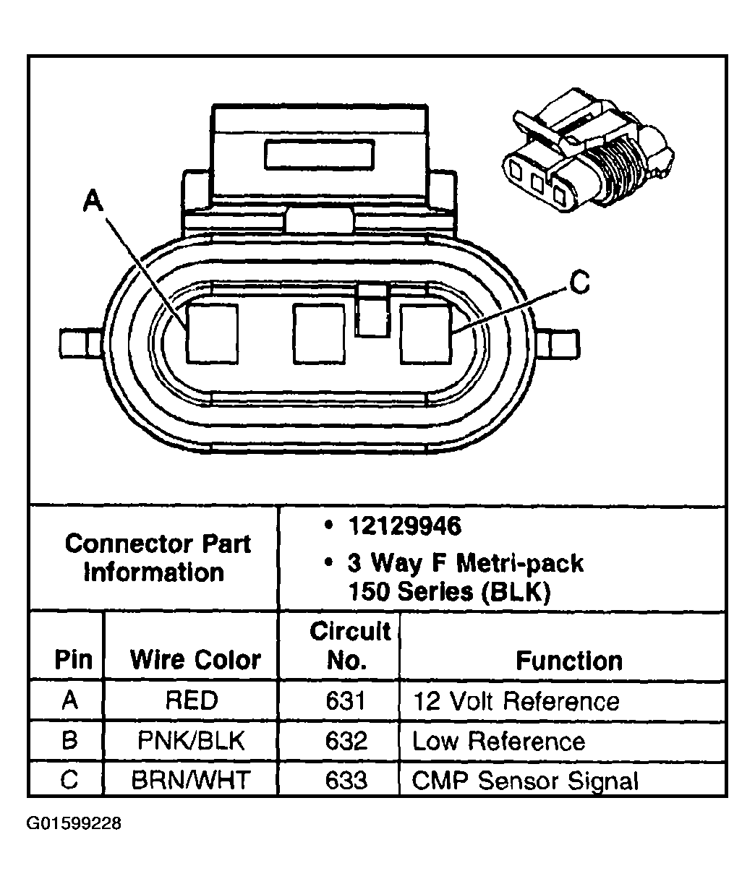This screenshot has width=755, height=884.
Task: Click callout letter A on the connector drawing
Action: [92, 200]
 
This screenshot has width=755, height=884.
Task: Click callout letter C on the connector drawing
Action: [579, 283]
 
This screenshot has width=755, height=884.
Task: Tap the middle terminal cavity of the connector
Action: [317, 333]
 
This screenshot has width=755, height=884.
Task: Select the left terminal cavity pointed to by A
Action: [212, 333]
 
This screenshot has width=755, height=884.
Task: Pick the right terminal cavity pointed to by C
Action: [425, 333]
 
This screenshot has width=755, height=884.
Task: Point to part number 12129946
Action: [404, 526]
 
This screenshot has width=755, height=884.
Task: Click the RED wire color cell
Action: [191, 700]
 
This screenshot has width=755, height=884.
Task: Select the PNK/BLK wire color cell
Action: [191, 741]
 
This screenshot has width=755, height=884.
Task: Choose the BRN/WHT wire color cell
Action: [191, 781]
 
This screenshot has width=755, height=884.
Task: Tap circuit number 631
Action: [346, 700]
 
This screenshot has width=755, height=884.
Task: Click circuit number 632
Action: [346, 741]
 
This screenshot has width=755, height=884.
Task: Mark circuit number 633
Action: [346, 781]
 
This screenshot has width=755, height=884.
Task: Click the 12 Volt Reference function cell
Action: [516, 701]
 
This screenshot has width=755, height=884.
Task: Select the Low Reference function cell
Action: [498, 741]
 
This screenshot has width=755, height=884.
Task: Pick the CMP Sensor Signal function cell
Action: [526, 781]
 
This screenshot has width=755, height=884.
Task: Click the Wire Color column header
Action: [195, 660]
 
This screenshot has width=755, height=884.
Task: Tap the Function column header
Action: [568, 661]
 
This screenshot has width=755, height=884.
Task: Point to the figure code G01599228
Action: [74, 824]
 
